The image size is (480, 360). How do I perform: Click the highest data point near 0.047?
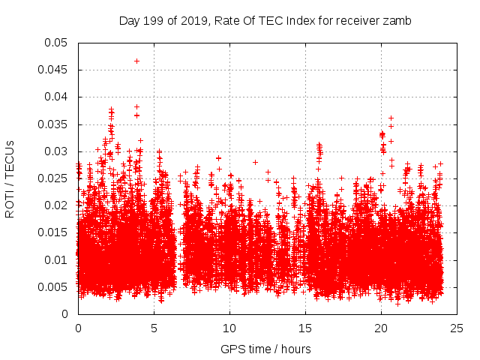pos(136,61)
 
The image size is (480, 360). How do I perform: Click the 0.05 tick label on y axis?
pos(56,43)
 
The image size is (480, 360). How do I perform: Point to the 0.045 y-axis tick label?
pos(53,70)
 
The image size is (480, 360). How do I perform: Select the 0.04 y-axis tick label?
pos(56,97)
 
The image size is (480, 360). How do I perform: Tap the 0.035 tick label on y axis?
pos(53,124)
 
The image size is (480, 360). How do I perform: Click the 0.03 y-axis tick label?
pos(56,151)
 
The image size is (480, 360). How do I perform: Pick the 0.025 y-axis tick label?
pos(53,178)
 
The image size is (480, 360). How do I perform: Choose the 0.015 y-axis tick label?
pos(53,232)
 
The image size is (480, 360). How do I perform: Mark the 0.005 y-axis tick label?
pos(53,287)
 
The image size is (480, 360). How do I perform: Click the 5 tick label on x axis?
pos(154,328)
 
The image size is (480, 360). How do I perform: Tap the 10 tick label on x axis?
pos(229,328)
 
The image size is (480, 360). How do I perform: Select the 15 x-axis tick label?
pos(305,328)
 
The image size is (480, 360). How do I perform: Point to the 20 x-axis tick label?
pos(381,328)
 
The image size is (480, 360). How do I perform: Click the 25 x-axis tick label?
pos(457,328)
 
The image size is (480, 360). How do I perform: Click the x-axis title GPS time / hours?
pos(265,349)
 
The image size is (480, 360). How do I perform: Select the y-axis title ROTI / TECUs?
pos(10,178)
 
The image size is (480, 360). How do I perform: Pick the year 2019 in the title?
pos(190,21)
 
